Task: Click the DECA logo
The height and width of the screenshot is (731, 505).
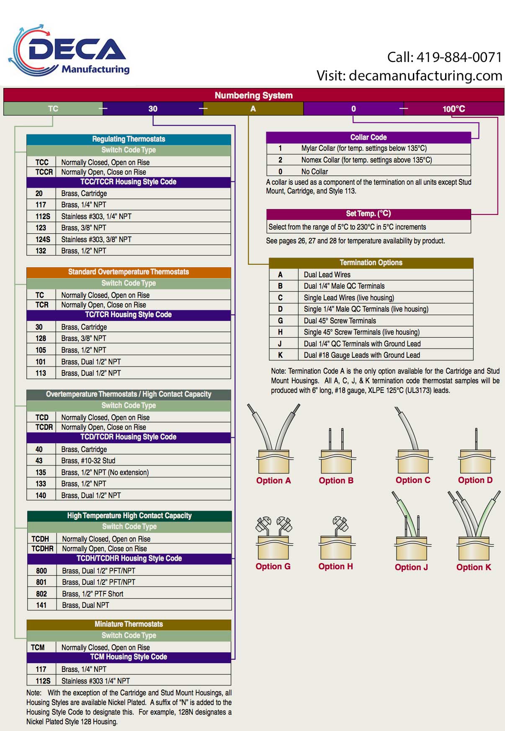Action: [70, 51]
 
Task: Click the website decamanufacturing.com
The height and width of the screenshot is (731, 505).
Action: [425, 75]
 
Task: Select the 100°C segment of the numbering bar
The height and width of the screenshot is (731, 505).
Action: [454, 109]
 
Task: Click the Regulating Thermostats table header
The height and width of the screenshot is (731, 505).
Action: [129, 139]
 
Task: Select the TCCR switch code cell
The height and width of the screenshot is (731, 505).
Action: [44, 172]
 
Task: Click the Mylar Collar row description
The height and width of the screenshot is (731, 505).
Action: [364, 148]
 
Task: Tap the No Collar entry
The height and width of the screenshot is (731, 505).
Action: [314, 172]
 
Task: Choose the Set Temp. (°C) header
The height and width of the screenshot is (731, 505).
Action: [368, 214]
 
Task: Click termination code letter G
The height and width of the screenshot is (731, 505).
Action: [280, 321]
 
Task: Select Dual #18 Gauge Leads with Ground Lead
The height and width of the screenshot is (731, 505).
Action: [362, 355]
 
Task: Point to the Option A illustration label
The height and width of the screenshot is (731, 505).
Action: [273, 480]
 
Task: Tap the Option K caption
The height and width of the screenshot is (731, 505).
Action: [474, 567]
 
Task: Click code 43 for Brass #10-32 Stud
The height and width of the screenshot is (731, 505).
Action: [39, 461]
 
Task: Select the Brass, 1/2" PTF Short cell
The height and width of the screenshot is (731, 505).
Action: [93, 594]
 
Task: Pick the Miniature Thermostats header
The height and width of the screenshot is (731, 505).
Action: [129, 624]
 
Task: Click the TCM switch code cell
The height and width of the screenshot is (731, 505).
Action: [38, 648]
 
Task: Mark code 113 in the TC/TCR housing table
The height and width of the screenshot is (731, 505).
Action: [41, 373]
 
